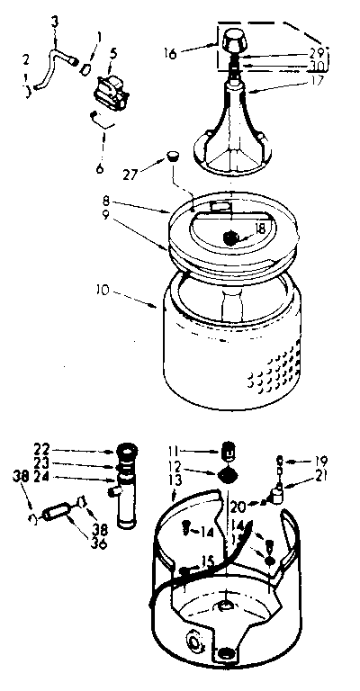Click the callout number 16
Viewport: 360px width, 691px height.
(171, 54)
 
